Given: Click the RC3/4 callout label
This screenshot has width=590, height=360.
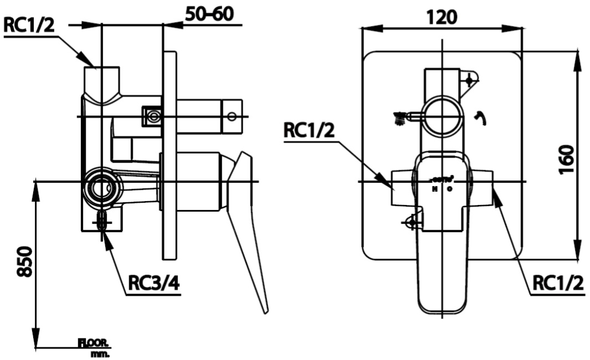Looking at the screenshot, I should [153, 284].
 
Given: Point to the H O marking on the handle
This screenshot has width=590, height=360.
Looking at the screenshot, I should [442, 188].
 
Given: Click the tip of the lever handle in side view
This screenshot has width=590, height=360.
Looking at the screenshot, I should [265, 310].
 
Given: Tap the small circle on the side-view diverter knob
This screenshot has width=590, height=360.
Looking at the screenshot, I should [232, 116].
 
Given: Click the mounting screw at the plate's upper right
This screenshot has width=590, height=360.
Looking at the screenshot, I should [470, 81].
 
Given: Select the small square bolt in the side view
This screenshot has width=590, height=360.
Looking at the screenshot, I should [153, 116].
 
